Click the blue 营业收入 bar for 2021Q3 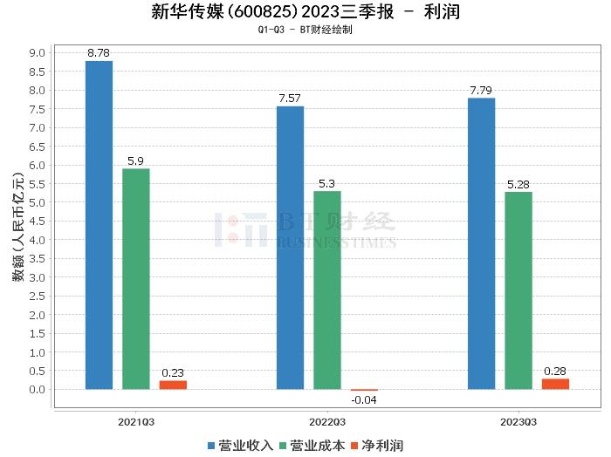pos(99,225)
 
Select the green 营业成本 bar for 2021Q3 pos(135,279)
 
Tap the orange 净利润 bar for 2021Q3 pos(173,385)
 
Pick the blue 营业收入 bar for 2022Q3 pos(290,248)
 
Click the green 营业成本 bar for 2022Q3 pos(327,290)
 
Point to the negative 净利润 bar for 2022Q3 pos(364,390)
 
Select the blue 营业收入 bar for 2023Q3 pos(481,243)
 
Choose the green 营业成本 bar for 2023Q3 pos(518,290)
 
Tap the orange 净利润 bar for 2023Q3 pos(555,384)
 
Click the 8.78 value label pos(99,54)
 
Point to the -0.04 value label pos(364,400)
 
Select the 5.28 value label pos(518,184)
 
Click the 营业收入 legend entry pos(240,445)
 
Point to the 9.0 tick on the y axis pos(37,52)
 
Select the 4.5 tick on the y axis pos(37,221)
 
